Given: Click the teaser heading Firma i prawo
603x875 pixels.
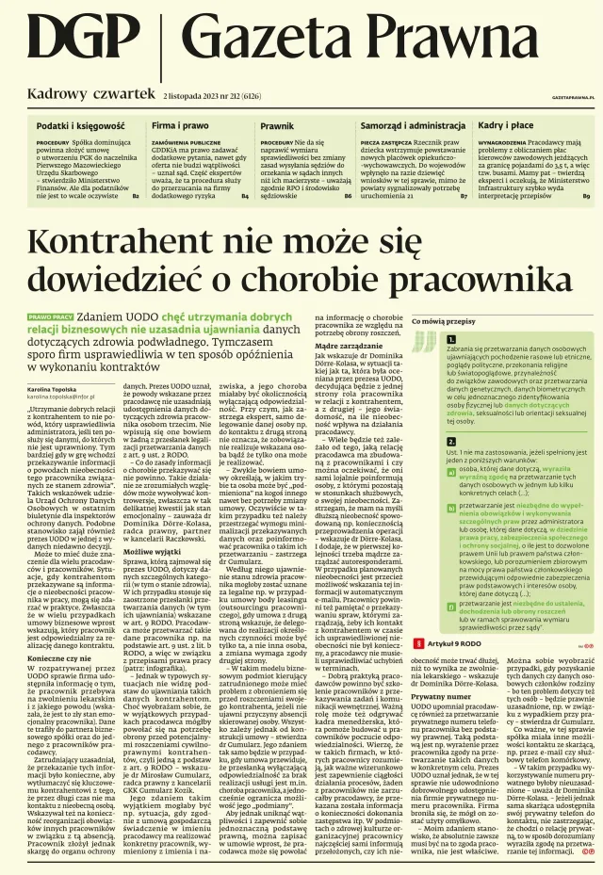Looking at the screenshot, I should (x=180, y=124).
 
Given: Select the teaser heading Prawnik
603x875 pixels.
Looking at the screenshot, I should (x=277, y=124).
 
